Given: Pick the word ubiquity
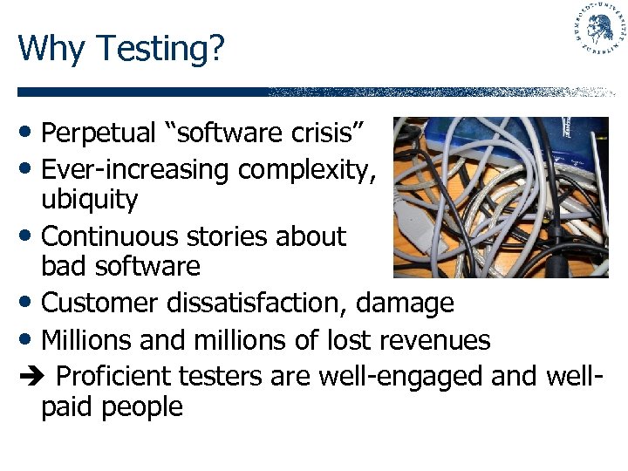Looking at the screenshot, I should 89,201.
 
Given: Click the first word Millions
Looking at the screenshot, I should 87,339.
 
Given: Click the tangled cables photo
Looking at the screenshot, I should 500,197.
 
